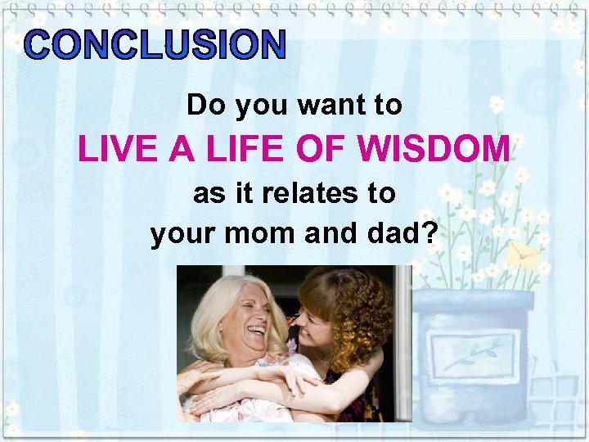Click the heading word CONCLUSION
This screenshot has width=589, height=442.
[155, 46]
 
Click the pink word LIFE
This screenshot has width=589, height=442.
[234, 150]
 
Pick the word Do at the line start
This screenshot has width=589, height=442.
[202, 106]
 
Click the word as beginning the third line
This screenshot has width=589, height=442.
[205, 194]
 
